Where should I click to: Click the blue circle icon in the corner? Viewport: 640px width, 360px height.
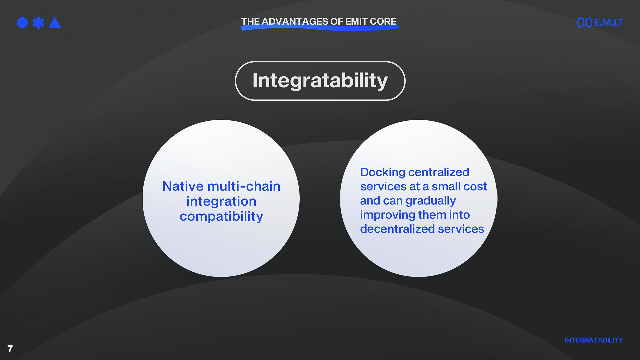pyautogui.click(x=22, y=23)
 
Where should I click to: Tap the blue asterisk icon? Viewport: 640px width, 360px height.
pyautogui.click(x=38, y=23)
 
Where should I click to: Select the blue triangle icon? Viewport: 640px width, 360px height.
pyautogui.click(x=55, y=23)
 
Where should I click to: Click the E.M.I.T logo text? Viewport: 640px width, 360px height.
pyautogui.click(x=609, y=23)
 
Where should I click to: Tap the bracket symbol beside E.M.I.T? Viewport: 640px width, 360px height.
pyautogui.click(x=585, y=22)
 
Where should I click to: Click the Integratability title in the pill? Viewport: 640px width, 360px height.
pyautogui.click(x=320, y=81)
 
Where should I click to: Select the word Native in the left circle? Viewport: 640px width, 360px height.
pyautogui.click(x=183, y=186)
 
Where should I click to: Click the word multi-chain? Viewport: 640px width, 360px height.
pyautogui.click(x=244, y=186)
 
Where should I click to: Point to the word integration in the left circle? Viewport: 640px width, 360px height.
pyautogui.click(x=221, y=202)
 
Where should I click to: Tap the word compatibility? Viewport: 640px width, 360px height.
pyautogui.click(x=221, y=217)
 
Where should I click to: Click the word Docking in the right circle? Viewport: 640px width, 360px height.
pyautogui.click(x=383, y=173)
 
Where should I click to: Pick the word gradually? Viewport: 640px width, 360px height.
pyautogui.click(x=431, y=201)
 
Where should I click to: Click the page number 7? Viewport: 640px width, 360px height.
pyautogui.click(x=10, y=349)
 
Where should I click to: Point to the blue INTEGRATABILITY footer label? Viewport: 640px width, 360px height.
pyautogui.click(x=594, y=340)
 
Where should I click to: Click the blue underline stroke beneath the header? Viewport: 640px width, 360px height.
pyautogui.click(x=320, y=28)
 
